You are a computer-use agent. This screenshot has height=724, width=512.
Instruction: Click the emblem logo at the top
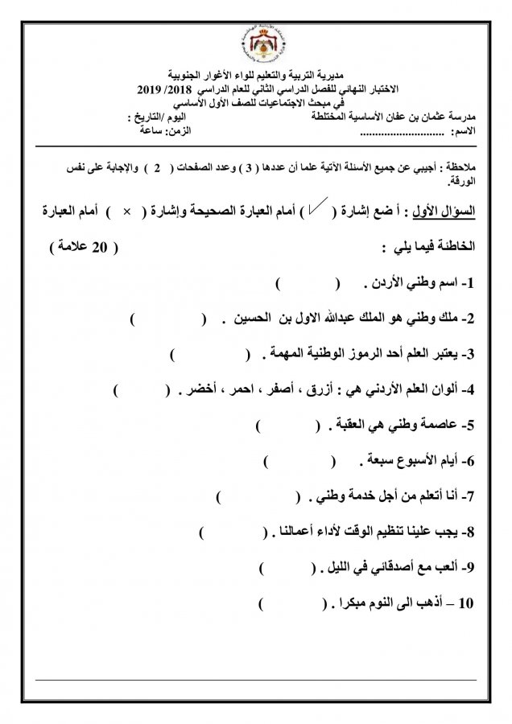[256, 40]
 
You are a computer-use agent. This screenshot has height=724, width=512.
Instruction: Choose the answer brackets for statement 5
[287, 426]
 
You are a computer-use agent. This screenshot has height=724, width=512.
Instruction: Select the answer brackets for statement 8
[234, 533]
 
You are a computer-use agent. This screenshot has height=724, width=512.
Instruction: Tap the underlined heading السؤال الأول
[449, 211]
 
